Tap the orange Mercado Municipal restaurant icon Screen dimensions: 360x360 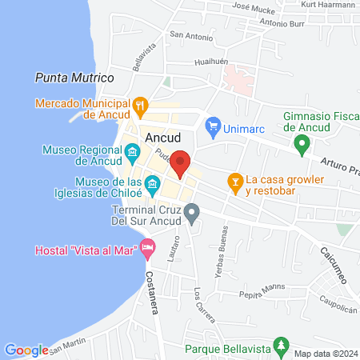[140, 104]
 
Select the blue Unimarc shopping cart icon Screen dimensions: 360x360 [212, 125]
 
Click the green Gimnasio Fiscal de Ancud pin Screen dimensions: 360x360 [302, 145]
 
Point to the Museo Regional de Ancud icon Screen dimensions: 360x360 [130, 150]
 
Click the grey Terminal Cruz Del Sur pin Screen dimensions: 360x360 [191, 214]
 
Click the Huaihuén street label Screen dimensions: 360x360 [212, 61]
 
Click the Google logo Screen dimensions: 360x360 [26, 350]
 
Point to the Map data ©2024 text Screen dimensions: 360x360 [325, 354]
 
